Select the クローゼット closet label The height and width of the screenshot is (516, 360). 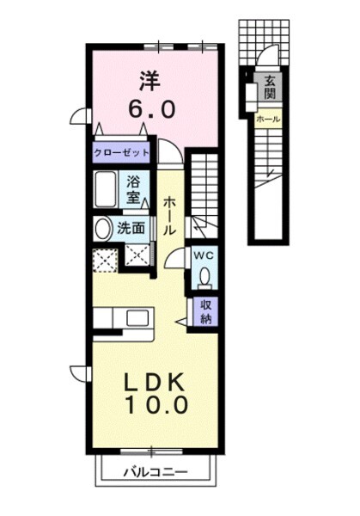122,152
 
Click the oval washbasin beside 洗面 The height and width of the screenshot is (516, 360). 102,229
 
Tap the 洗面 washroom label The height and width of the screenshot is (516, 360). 131,229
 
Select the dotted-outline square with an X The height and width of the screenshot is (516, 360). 106,258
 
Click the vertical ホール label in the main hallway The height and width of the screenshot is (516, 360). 169,215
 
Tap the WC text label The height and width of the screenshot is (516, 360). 204,255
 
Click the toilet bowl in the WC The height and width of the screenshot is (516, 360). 204,275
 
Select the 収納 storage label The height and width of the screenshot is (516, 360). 207,310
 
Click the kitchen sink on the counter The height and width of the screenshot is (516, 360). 137,320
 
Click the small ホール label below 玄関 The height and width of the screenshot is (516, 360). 268,120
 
